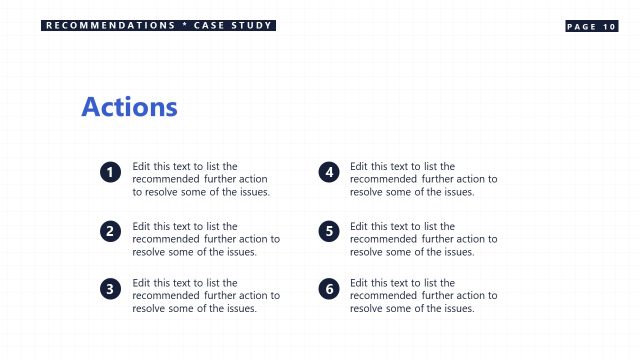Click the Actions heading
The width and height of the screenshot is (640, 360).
point(129,107)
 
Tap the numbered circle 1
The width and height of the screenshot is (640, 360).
point(111,173)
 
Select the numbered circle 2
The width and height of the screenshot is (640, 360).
point(111,232)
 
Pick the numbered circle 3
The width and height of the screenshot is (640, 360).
point(111,289)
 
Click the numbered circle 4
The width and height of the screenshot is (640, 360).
point(329,173)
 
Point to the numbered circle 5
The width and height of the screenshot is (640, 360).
point(329,232)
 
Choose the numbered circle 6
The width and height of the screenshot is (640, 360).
point(329,289)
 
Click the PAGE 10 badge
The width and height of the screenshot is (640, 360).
point(591,26)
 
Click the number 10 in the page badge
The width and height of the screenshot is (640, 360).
point(609,26)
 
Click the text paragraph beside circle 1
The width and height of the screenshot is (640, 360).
point(200,179)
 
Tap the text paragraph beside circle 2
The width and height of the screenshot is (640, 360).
point(206,239)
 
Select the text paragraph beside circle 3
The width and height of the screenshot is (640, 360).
point(206,296)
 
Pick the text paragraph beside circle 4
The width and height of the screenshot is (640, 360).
point(423,179)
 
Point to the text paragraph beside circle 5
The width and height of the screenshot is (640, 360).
point(423,239)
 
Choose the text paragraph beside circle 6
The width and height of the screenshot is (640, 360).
point(423,296)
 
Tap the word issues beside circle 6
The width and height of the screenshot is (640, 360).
point(458,309)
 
